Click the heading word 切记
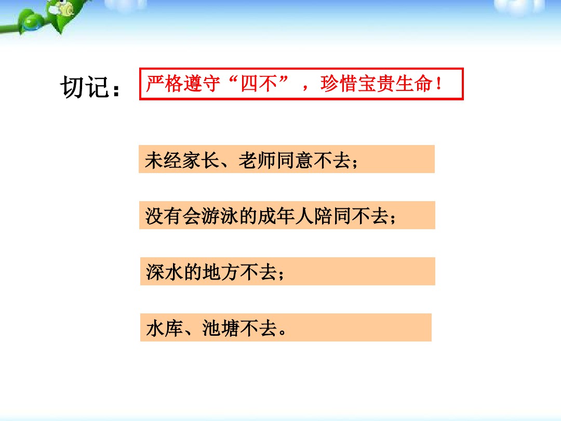coord(85,87)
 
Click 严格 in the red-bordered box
coord(165,84)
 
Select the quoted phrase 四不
coord(259,84)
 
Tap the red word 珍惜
coord(339,84)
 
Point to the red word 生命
coord(413,84)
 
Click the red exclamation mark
coord(438,84)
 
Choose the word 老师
coord(257,160)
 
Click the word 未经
coord(164,160)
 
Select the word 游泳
coord(220,216)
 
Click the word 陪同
coord(333,216)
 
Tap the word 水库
coord(165,328)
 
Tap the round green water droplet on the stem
coord(32,22)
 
